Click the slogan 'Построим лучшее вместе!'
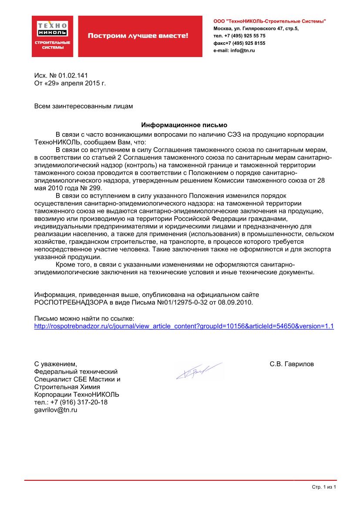(x=138, y=36)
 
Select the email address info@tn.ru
(x=241, y=51)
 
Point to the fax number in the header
(x=239, y=43)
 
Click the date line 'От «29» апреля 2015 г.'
(x=70, y=82)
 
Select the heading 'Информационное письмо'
(x=184, y=124)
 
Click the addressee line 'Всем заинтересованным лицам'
(x=84, y=105)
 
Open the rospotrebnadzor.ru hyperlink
(x=184, y=326)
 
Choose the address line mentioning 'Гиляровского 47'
(x=256, y=28)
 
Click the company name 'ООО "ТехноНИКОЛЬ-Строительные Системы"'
(x=269, y=21)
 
